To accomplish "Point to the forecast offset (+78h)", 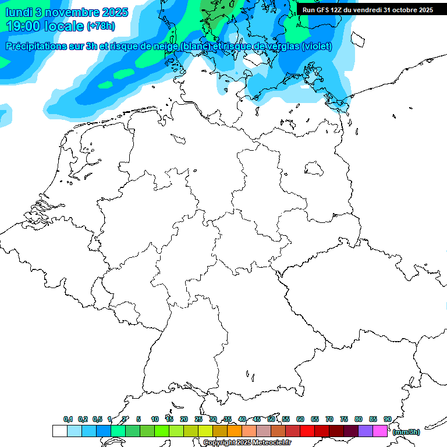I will [101, 27].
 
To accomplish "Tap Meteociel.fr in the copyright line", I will [267, 443].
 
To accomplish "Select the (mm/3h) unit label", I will [406, 432].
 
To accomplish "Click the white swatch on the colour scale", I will [59, 431].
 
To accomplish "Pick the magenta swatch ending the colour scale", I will [380, 431].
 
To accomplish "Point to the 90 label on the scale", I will [387, 419].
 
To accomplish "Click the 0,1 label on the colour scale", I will [68, 419].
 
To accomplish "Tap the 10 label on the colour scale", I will [155, 419].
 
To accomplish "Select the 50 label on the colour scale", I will [271, 419].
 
